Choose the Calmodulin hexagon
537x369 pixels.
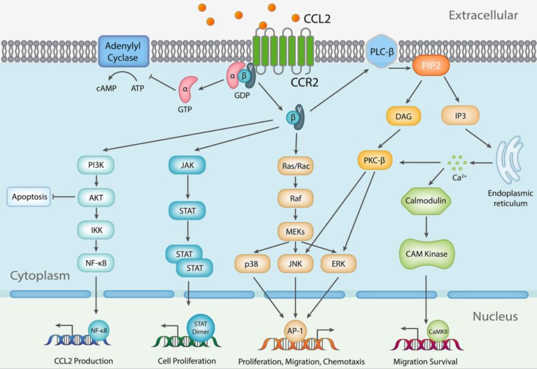tap(426, 201)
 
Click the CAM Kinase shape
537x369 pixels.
tap(426, 254)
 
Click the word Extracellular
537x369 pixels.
tap(483, 14)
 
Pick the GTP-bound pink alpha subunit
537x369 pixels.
tap(186, 88)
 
